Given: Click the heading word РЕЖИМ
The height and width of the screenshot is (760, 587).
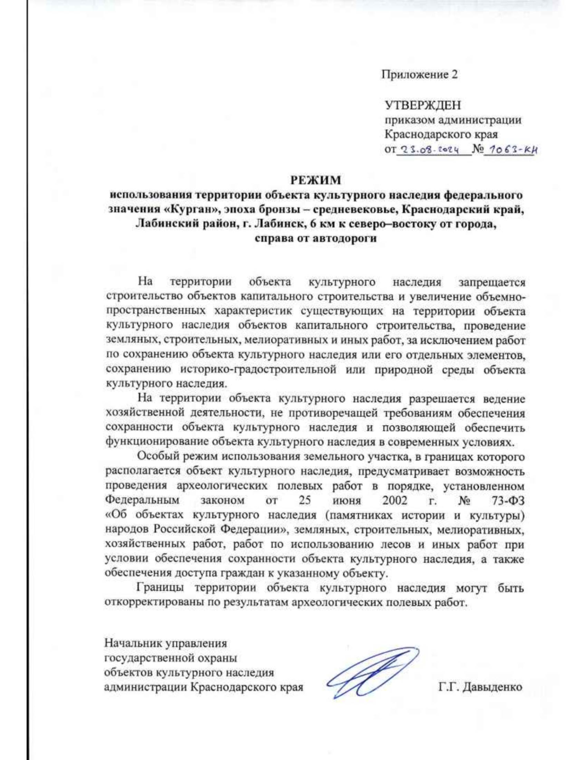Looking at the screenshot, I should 315,180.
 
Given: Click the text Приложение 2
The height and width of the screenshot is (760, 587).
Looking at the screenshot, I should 419,74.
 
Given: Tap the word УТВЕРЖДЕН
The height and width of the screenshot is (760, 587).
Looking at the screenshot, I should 423,105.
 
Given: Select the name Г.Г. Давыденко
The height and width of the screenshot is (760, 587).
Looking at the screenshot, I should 480,687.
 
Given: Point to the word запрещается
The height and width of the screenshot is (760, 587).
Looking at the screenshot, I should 492,282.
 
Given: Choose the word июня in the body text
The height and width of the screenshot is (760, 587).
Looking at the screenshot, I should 346,501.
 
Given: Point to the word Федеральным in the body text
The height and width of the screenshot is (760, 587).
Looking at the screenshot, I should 142,501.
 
